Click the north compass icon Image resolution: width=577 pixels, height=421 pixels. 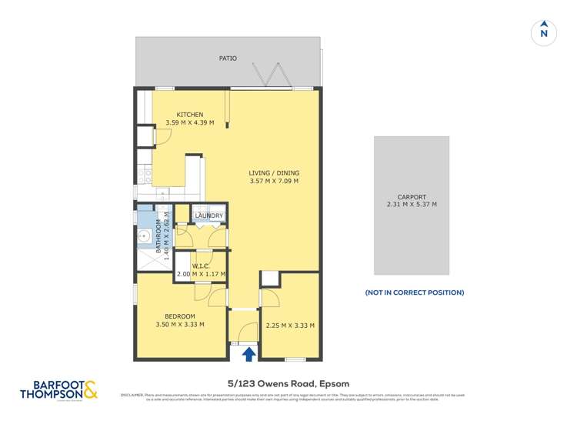click(x=544, y=32)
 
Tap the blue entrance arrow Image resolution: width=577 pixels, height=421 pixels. click(x=249, y=353)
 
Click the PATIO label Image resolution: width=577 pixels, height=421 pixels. click(x=228, y=58)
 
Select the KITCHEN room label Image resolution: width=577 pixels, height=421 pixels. click(x=190, y=115)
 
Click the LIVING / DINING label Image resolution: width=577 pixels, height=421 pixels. click(x=274, y=173)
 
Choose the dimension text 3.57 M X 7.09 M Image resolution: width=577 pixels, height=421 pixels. click(x=274, y=182)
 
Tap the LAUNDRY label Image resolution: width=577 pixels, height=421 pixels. click(x=209, y=216)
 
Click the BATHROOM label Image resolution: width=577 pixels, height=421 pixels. click(x=159, y=236)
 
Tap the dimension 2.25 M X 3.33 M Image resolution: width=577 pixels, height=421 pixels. click(x=290, y=326)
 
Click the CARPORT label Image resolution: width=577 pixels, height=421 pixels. click(x=412, y=197)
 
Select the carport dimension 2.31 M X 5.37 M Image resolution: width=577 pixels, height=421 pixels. click(x=412, y=205)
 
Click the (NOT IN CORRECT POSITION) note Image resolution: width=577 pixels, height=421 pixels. click(x=414, y=292)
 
